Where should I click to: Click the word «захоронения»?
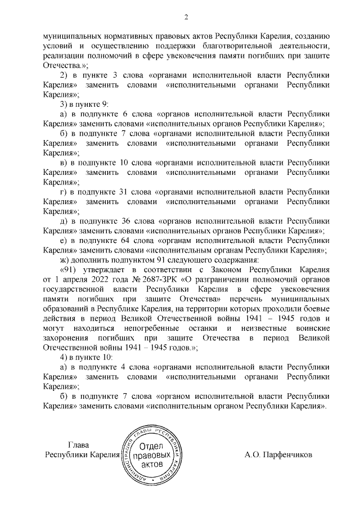[x=71, y=338]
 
